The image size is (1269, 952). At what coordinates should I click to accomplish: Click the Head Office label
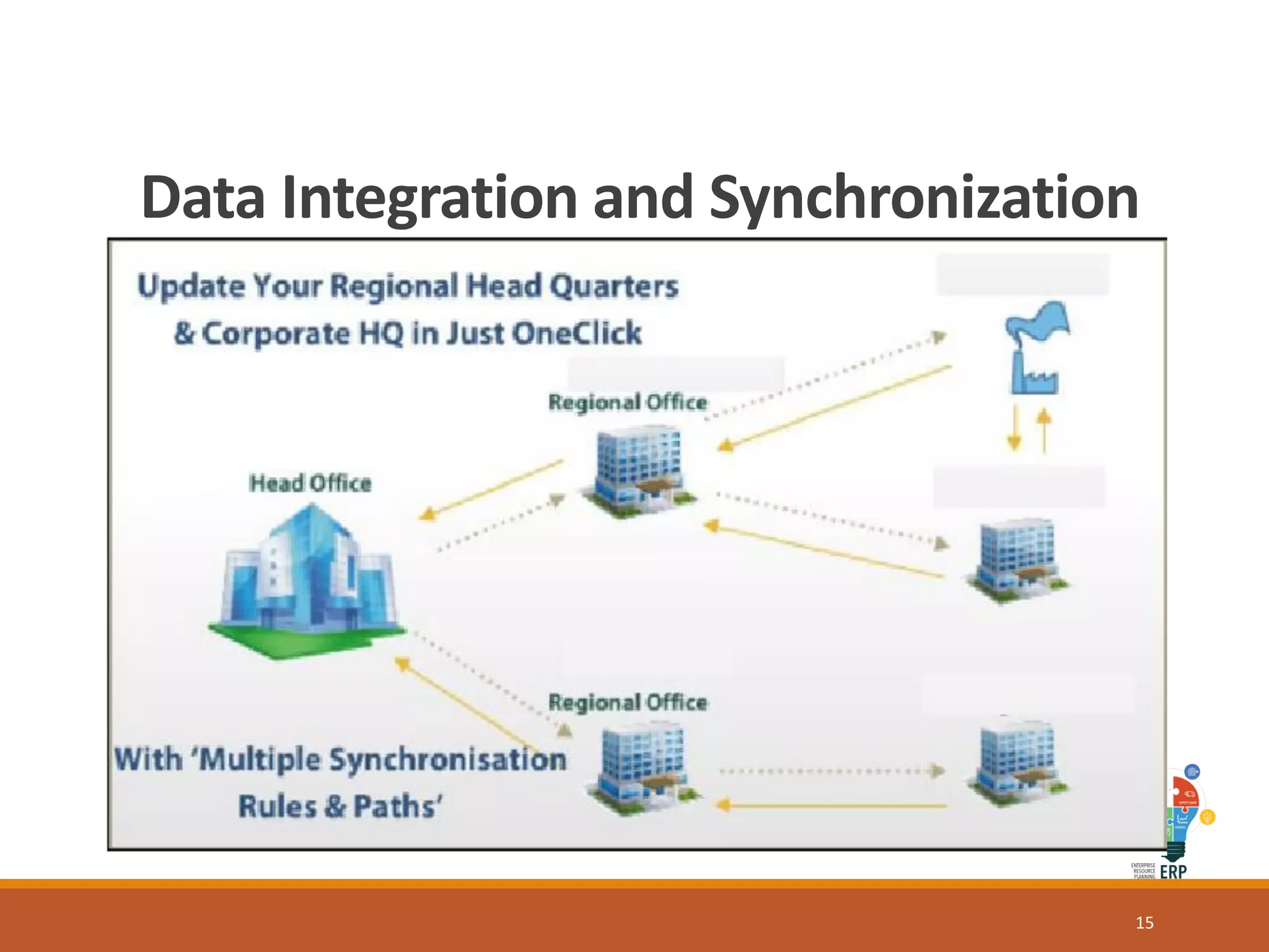click(x=310, y=483)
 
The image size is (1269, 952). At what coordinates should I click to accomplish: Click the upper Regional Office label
click(x=627, y=402)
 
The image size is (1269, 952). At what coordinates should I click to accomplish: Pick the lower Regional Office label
click(x=627, y=702)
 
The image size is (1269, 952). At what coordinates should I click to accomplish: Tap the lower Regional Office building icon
click(x=644, y=766)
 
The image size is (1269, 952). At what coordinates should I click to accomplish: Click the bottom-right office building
click(x=1017, y=762)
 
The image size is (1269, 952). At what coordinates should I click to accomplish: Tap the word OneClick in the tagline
click(x=576, y=333)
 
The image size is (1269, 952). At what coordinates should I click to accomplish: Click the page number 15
click(x=1144, y=923)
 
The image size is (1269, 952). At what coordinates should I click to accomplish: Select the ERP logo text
click(x=1173, y=871)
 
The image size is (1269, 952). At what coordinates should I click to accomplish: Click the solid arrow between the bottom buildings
click(x=830, y=806)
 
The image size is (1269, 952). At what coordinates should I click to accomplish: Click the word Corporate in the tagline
click(x=276, y=333)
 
